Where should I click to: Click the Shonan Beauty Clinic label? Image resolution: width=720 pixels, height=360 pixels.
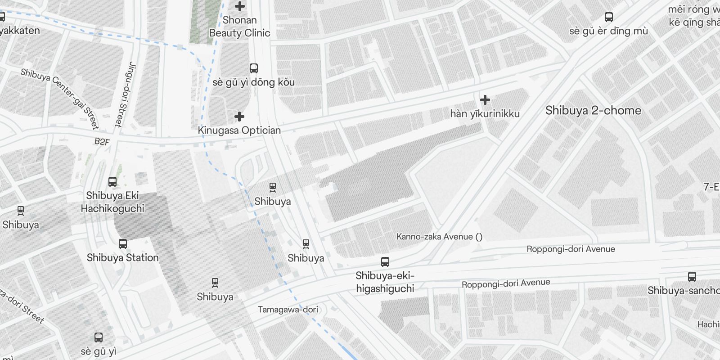tap(240, 27)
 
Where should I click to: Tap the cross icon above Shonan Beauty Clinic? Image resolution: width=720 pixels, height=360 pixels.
tap(240, 6)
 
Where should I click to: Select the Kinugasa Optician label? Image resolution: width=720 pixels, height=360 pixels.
tap(239, 130)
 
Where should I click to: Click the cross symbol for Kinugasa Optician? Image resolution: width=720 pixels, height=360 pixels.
tap(239, 117)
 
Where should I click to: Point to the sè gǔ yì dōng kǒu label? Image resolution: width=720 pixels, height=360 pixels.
tap(253, 82)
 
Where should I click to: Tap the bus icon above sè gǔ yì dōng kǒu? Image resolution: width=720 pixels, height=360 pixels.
tap(254, 68)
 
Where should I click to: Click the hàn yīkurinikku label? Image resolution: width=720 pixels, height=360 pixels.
tap(485, 113)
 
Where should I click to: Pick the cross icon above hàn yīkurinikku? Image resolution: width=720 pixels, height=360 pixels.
tap(485, 99)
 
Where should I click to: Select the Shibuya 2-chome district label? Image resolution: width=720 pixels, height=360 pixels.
tap(593, 111)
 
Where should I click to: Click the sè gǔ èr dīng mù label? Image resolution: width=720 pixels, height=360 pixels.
tap(608, 31)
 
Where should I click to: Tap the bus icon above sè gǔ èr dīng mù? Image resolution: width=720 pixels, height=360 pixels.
tap(609, 18)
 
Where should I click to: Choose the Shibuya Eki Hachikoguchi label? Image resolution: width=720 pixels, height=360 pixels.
tap(112, 202)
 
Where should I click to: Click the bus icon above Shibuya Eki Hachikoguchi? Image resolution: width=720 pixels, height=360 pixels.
tap(112, 182)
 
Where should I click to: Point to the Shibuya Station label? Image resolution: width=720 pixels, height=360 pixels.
tap(122, 258)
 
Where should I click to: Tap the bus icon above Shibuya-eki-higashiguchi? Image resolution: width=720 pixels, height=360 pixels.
tap(385, 261)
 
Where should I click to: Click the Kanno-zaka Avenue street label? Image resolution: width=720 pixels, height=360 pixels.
tap(439, 237)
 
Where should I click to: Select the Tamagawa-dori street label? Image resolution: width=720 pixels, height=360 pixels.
tap(288, 310)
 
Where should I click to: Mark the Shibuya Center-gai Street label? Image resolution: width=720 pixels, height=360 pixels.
tap(59, 99)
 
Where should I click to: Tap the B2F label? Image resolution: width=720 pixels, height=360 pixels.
tap(102, 142)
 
